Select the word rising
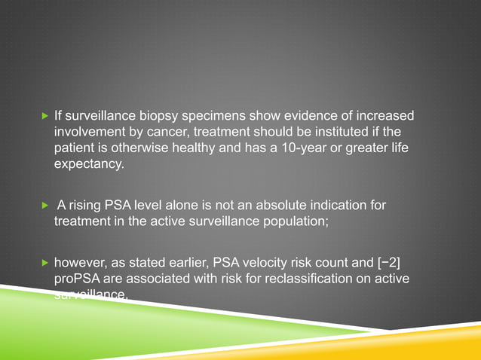click(x=87, y=206)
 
